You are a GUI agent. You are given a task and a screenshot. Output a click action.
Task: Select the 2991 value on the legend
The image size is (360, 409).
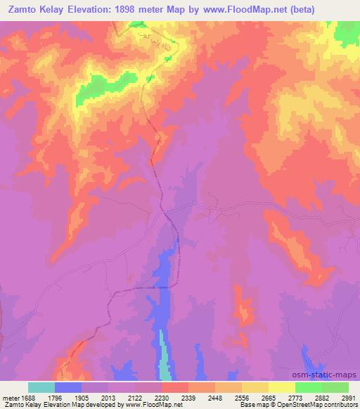tap(347, 397)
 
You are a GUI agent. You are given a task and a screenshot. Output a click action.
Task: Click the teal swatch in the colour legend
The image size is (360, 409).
tap(41, 387)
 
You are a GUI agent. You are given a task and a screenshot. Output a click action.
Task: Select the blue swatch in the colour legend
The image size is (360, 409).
tap(68, 387)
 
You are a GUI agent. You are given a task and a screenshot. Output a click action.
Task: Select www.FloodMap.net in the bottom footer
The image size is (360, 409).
tap(149, 405)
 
